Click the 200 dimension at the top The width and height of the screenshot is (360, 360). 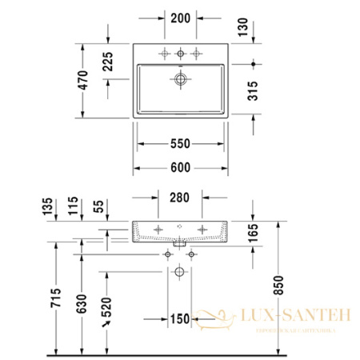pyautogui.click(x=181, y=17)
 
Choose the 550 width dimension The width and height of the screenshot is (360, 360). pyautogui.click(x=181, y=144)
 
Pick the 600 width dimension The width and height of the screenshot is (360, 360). pyautogui.click(x=181, y=168)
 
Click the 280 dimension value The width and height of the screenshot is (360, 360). pyautogui.click(x=181, y=198)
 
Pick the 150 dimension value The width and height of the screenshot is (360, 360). pyautogui.click(x=181, y=319)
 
